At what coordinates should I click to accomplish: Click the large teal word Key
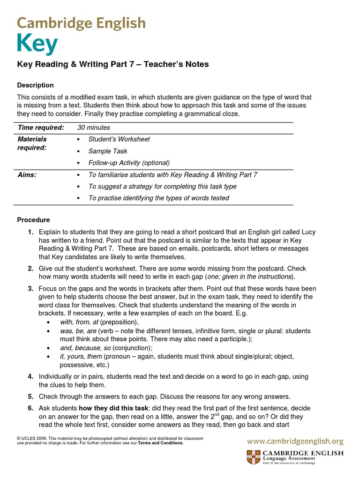pos(37,45)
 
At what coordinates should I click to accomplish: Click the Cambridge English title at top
pos(81,23)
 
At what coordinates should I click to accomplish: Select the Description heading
pos(35,85)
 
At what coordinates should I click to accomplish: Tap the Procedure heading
pos(33,220)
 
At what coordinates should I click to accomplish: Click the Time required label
pos(41,127)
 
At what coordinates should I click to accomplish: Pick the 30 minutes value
pos(94,127)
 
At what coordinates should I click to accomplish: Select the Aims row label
pos(27,175)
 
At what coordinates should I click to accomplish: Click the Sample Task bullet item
pos(107,151)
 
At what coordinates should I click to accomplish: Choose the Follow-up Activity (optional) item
pos(128,163)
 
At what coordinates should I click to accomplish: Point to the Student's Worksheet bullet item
pos(119,139)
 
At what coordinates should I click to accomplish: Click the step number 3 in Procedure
pos(30,289)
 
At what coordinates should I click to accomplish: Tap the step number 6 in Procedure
pos(30,408)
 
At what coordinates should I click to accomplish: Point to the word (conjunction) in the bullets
pos(133,348)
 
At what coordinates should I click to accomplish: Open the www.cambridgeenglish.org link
pos(295,441)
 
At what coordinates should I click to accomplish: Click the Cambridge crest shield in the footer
pos(252,457)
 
